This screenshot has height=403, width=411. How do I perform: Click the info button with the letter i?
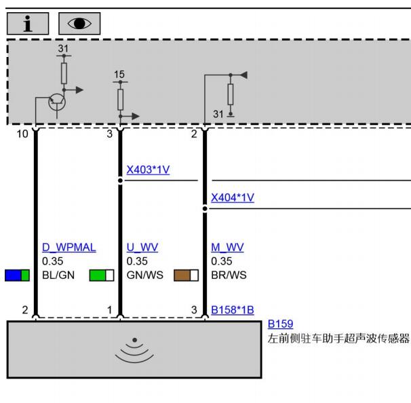(28, 24)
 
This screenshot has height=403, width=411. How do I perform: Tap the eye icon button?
(79, 24)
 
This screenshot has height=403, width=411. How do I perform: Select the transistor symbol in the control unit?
(57, 102)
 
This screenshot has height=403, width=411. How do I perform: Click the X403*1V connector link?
(148, 170)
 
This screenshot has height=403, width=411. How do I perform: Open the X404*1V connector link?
(233, 197)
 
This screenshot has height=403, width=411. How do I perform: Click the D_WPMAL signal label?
(69, 247)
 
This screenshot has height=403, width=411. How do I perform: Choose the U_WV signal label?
(142, 247)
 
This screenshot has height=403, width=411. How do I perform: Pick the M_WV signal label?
(227, 247)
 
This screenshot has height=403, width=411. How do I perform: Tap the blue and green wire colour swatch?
(18, 275)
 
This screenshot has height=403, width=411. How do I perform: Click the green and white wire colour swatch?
(102, 275)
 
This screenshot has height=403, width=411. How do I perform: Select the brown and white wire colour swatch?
(186, 275)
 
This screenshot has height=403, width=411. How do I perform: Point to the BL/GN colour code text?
(58, 275)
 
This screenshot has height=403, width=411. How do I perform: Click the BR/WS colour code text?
(229, 275)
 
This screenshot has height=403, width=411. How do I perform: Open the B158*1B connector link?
(233, 310)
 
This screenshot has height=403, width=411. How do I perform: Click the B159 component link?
(281, 324)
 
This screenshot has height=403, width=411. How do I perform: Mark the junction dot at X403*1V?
(120, 180)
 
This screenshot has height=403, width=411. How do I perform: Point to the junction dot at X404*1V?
(205, 209)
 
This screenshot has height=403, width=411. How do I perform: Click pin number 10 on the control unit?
(22, 134)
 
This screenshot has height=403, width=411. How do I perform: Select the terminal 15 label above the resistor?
(119, 75)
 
